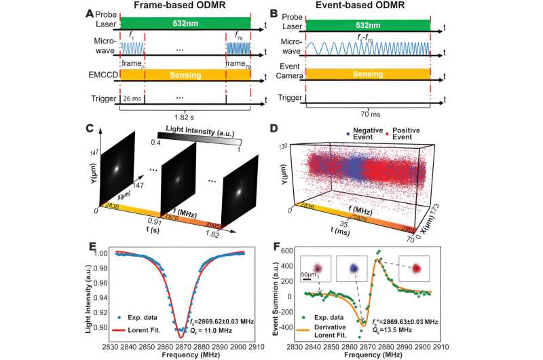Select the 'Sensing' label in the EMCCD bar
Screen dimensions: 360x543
click(x=185, y=72)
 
